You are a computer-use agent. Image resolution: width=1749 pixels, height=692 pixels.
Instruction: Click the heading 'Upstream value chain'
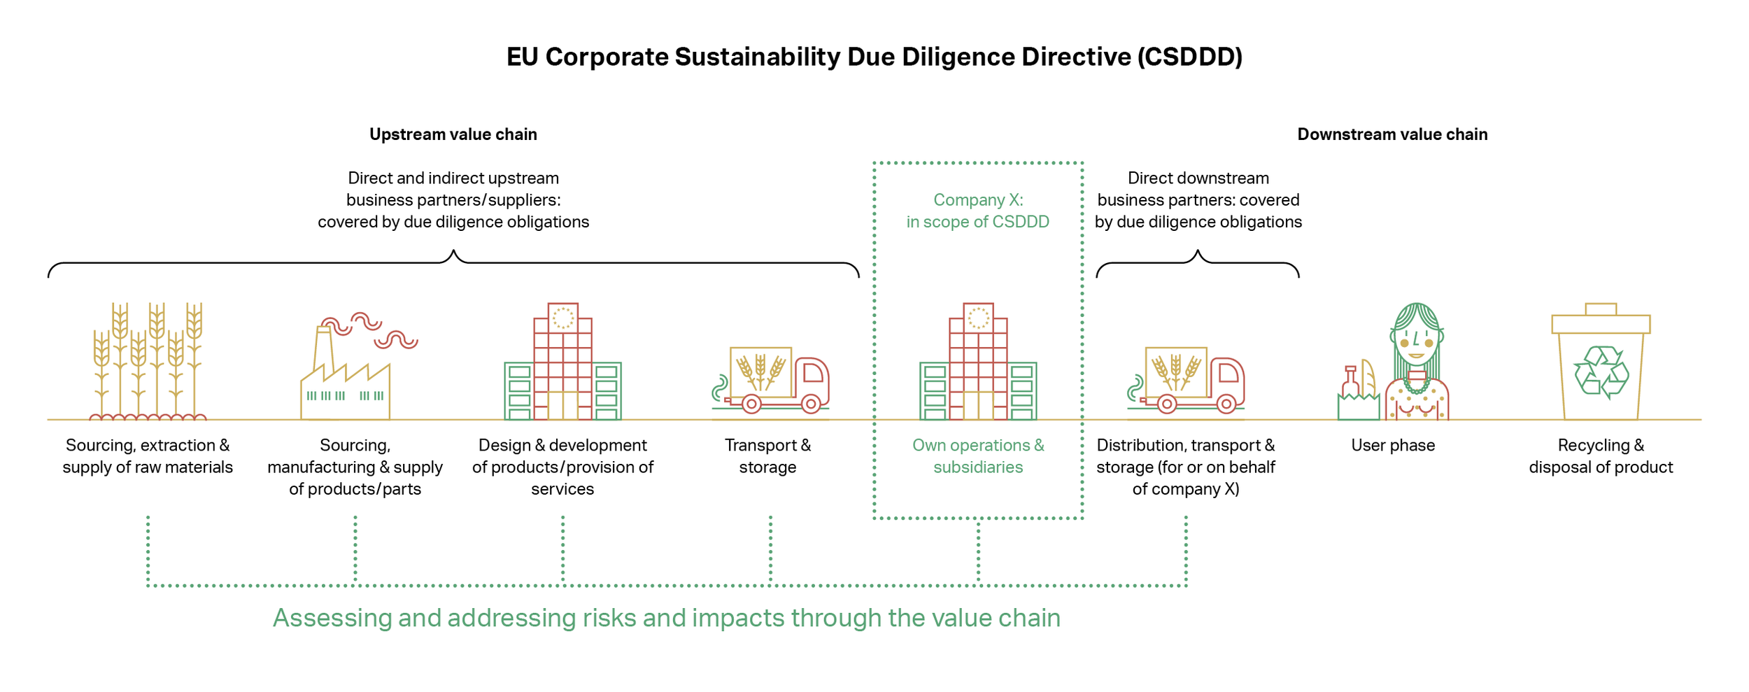tap(453, 134)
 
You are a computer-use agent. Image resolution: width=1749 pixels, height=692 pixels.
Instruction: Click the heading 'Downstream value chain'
tap(1392, 134)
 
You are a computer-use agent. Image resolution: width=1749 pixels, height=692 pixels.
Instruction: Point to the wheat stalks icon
tap(148, 361)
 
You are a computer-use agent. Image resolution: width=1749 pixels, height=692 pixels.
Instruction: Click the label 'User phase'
tap(1393, 446)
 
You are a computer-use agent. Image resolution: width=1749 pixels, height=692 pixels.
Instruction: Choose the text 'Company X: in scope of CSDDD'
tap(978, 211)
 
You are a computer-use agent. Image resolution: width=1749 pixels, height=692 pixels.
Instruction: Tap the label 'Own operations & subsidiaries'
tap(978, 456)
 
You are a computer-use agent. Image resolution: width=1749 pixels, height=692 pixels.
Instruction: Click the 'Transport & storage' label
tap(768, 456)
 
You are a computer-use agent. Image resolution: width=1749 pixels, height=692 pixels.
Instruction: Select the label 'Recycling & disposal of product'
tap(1601, 456)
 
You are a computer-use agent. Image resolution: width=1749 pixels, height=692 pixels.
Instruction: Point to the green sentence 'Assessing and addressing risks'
tap(666, 619)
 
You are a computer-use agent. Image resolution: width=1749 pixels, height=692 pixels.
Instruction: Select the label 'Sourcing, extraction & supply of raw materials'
tap(148, 456)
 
